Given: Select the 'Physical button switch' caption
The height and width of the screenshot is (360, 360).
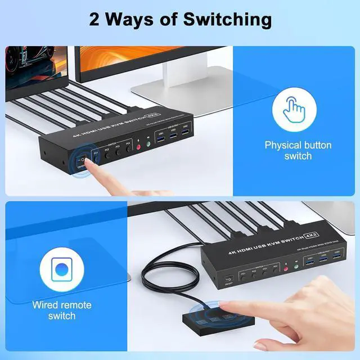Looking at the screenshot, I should point(298,150).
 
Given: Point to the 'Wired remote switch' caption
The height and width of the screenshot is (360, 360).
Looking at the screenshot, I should point(61,310).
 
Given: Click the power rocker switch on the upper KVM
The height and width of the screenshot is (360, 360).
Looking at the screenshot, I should point(79,160).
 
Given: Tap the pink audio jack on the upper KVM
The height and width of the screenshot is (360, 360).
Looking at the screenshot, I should point(138,144).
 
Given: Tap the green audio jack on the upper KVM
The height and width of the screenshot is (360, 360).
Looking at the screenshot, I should point(149,142).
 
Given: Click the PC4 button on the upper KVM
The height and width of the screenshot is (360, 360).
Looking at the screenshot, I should point(129,147).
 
